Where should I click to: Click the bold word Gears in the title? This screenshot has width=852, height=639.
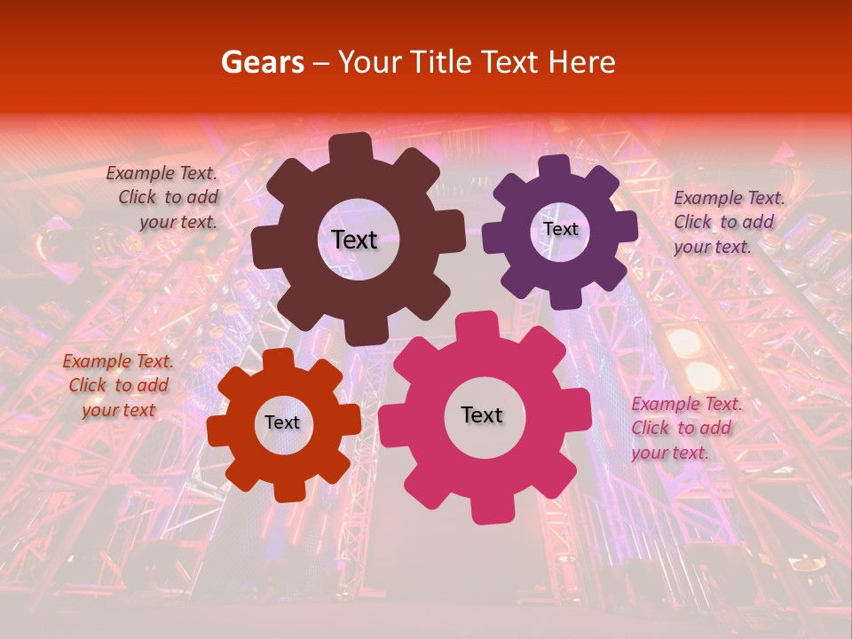(261, 62)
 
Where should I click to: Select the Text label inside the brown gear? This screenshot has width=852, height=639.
(354, 240)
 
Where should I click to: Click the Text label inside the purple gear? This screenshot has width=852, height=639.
(560, 229)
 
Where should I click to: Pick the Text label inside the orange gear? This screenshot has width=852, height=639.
(282, 422)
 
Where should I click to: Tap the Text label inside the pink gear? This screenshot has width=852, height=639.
(482, 415)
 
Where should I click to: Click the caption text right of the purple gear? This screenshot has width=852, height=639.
(727, 222)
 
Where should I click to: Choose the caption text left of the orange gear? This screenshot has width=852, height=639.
(117, 385)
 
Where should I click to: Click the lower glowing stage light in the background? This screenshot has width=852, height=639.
(704, 375)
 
